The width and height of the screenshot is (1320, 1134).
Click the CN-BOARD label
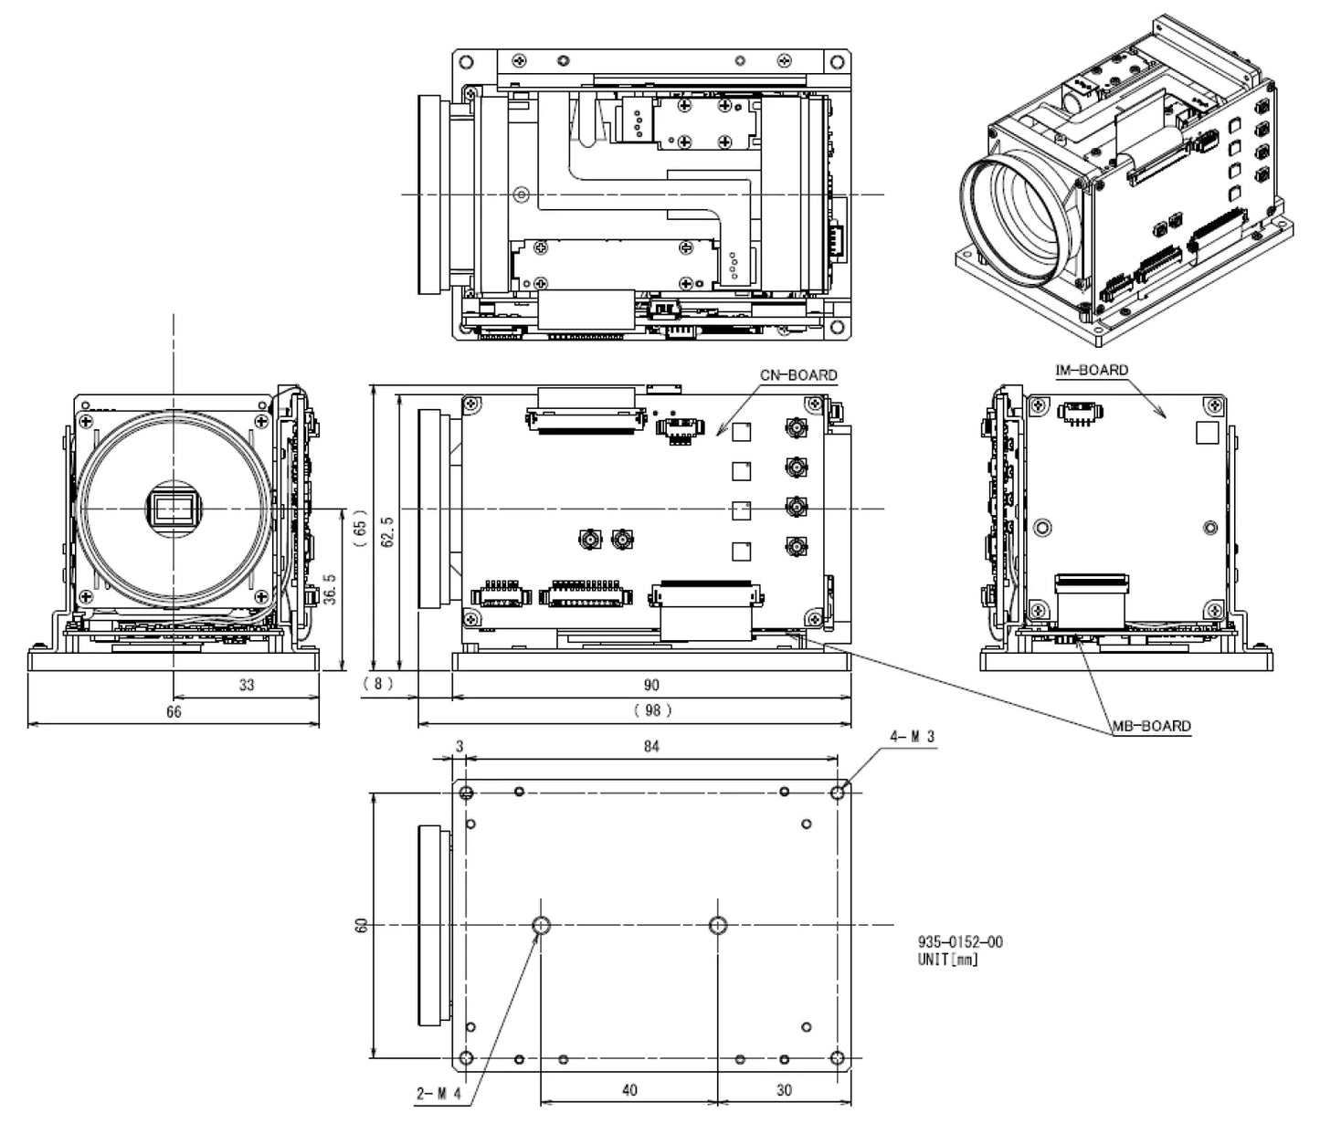(x=797, y=375)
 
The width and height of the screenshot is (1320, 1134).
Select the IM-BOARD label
(x=1092, y=370)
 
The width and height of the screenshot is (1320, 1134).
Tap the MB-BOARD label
(x=1151, y=726)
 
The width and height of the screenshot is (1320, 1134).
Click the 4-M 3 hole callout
(x=913, y=736)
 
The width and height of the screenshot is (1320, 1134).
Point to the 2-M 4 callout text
(x=439, y=1093)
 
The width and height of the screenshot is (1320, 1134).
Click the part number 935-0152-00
(x=959, y=941)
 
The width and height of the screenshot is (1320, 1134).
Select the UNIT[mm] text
(x=947, y=960)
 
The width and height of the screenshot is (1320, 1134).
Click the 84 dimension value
(x=650, y=746)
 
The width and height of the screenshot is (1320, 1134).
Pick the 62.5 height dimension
(x=387, y=531)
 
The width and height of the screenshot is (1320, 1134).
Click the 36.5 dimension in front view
(x=330, y=590)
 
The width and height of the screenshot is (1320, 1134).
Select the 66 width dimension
(x=174, y=711)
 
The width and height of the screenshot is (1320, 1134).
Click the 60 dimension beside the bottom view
(x=363, y=925)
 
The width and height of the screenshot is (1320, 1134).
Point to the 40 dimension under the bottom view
(x=628, y=1089)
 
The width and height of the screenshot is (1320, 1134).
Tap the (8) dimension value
(x=377, y=684)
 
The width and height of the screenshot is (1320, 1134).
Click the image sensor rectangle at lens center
(x=174, y=508)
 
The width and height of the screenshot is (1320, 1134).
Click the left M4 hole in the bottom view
(x=541, y=926)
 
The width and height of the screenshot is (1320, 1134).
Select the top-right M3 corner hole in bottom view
(x=838, y=793)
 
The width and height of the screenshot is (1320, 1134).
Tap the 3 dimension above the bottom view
(x=459, y=746)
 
